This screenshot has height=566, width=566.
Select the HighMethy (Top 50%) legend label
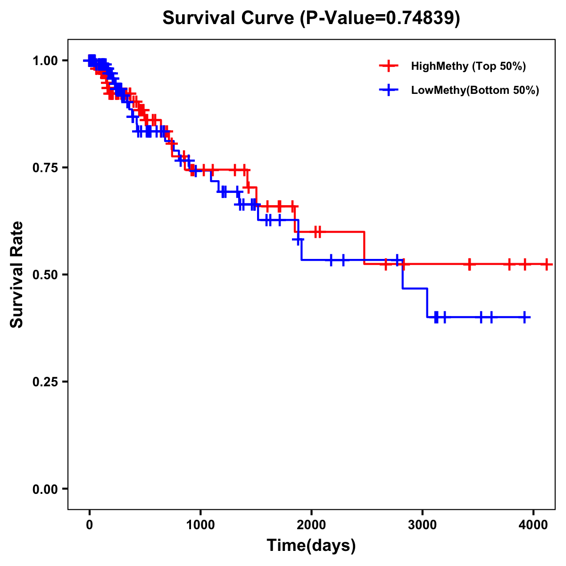468,66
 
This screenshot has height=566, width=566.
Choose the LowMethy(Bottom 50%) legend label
475,90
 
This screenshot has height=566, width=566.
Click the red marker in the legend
389,66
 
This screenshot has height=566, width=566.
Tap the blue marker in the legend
389,90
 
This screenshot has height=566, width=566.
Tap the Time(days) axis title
311,546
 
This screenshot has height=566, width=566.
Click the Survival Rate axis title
17,275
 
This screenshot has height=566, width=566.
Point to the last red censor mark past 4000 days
546,264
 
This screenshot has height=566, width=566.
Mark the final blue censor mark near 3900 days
524,317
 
